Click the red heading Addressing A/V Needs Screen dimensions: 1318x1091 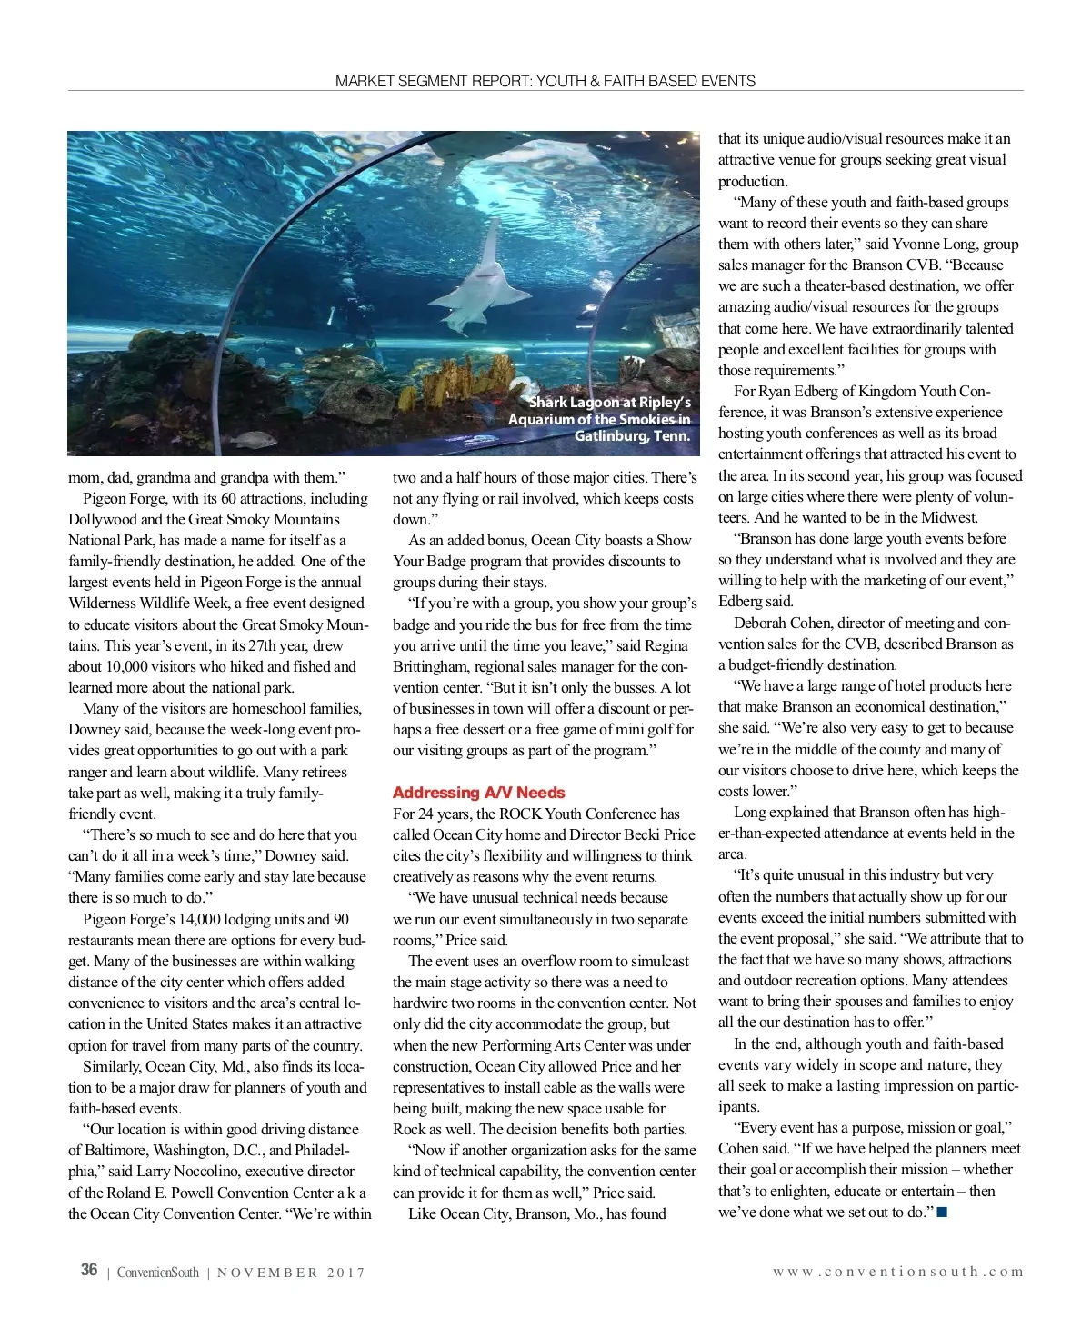pos(478,793)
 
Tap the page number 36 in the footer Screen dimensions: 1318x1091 pos(89,1270)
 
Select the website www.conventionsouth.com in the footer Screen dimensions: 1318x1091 pos(897,1272)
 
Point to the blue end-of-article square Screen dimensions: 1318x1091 pos(942,1213)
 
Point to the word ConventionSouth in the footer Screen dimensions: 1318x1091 pos(157,1273)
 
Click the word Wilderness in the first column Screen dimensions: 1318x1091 pos(106,603)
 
